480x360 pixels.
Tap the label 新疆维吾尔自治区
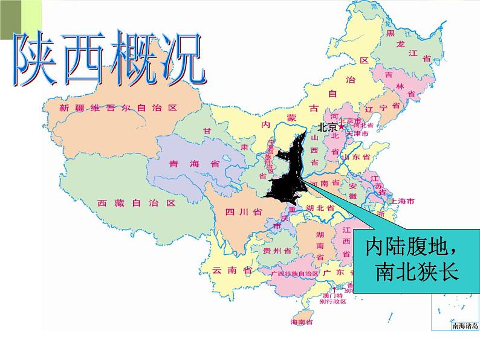[118, 108]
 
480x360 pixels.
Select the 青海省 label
[186, 164]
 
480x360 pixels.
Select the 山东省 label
[355, 157]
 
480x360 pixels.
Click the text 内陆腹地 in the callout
[411, 248]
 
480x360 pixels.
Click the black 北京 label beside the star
[327, 127]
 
